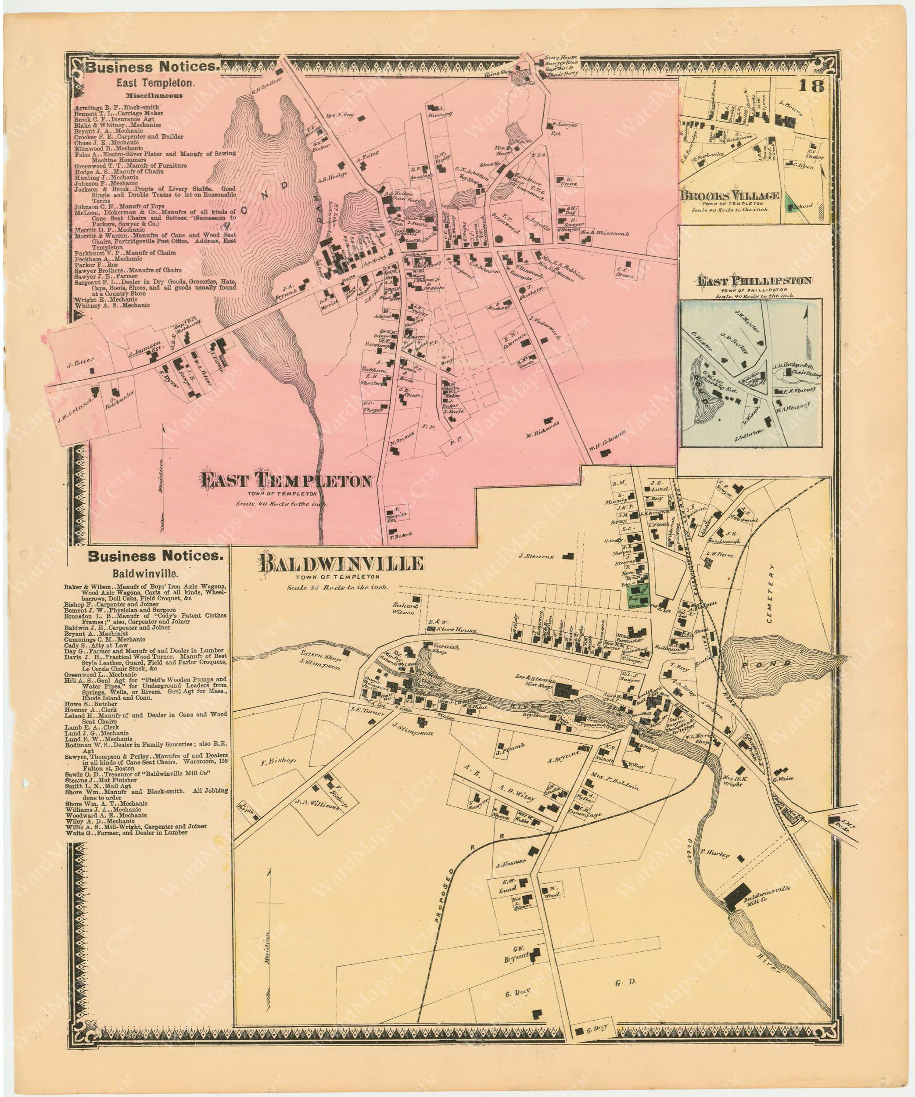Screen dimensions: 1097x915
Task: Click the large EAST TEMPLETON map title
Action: [287, 480]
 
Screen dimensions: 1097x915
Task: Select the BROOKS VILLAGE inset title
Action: [729, 195]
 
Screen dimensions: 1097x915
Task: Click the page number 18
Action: [814, 86]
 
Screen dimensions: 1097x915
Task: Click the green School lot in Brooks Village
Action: [794, 206]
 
